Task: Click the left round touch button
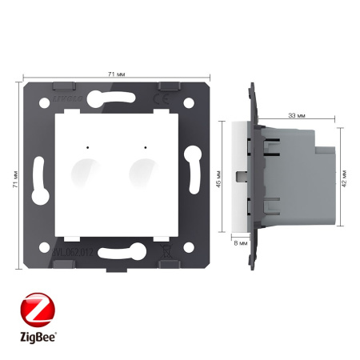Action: (84, 170)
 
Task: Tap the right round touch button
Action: (144, 170)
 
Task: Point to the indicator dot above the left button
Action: (84, 147)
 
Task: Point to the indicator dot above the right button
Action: (145, 147)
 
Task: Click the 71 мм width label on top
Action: (117, 73)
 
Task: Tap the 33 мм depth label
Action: (298, 117)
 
